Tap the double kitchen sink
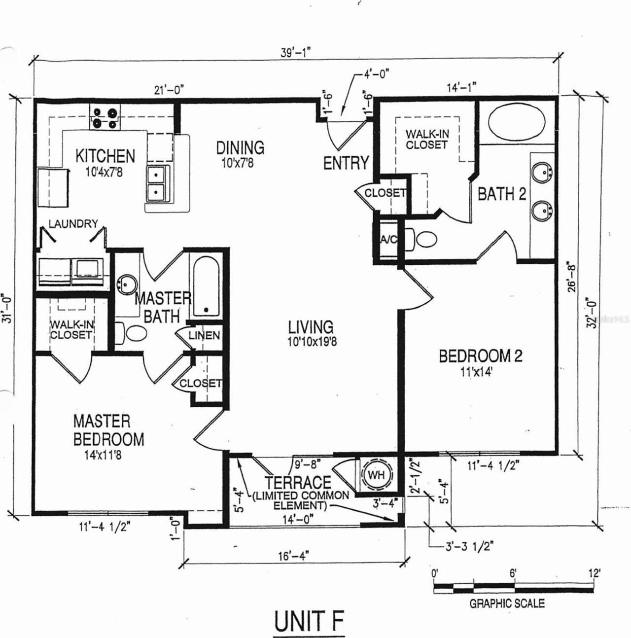[x=158, y=183]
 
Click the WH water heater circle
[x=377, y=475]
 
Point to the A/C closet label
[x=388, y=239]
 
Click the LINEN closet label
[x=204, y=335]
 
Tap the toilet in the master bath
[x=131, y=333]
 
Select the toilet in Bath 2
[x=421, y=238]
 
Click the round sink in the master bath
[x=127, y=284]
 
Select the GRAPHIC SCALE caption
[x=507, y=603]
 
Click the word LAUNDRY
[x=73, y=224]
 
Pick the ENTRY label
[x=346, y=163]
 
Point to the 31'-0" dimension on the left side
[x=8, y=308]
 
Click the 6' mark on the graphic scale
[x=513, y=572]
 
